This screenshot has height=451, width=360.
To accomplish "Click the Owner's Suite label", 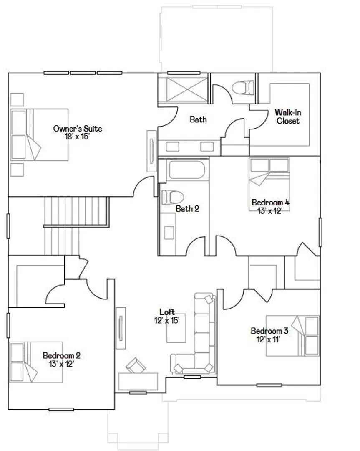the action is pyautogui.click(x=78, y=128).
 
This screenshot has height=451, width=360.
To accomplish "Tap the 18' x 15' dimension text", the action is pyautogui.click(x=77, y=136).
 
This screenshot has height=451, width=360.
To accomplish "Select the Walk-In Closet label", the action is pyautogui.click(x=288, y=117).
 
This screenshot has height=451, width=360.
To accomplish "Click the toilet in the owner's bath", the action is pyautogui.click(x=243, y=87).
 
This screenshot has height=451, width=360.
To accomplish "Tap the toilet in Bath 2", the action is pyautogui.click(x=172, y=197).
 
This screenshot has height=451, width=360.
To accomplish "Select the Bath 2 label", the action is pyautogui.click(x=187, y=208).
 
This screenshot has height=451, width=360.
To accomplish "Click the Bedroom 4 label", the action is pyautogui.click(x=270, y=202).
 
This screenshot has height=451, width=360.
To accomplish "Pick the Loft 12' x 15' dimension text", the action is pyautogui.click(x=167, y=320).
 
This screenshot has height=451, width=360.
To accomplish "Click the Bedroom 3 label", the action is pyautogui.click(x=269, y=331).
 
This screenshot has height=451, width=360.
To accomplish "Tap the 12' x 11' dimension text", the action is pyautogui.click(x=268, y=340).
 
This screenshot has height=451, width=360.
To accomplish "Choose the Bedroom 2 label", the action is pyautogui.click(x=61, y=355).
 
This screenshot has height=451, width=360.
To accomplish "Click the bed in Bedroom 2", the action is pyautogui.click(x=36, y=362).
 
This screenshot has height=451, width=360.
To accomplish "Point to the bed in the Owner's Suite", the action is pyautogui.click(x=39, y=134).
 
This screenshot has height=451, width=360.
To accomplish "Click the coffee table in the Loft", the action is pyautogui.click(x=176, y=328).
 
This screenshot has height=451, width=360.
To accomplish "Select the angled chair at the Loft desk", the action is pyautogui.click(x=135, y=365).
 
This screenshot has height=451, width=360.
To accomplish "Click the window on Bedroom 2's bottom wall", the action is pyautogui.click(x=61, y=409).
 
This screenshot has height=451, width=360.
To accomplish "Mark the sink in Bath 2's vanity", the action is pyautogui.click(x=169, y=233).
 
